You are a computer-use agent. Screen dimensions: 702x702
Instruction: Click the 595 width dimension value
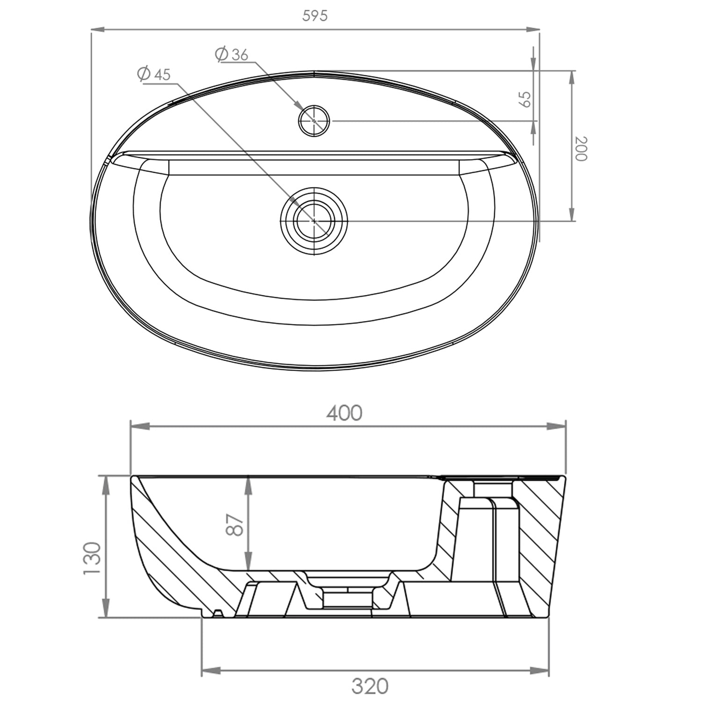315,15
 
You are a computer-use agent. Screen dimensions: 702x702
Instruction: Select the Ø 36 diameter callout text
232,54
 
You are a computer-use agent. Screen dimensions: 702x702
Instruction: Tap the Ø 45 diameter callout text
154,74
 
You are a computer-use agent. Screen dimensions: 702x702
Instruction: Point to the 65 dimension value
526,99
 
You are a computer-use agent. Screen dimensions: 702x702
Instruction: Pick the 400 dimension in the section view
344,413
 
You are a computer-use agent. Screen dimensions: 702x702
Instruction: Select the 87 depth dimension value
235,524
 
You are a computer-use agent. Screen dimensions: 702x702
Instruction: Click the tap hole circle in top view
314,120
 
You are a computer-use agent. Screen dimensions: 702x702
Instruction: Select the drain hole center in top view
314,220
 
